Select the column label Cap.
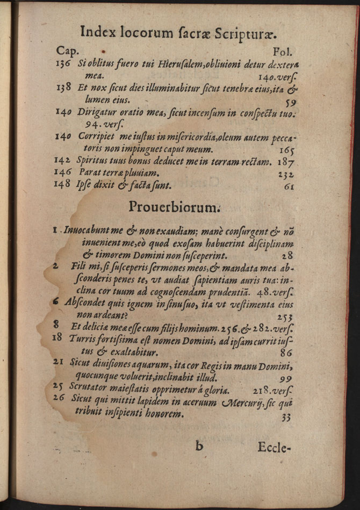coord(68,52)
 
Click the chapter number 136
coord(63,63)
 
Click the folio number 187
coord(286,161)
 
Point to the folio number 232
coord(286,174)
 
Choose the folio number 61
coord(290,186)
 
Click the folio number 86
coord(286,353)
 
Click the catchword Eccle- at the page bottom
coord(274,447)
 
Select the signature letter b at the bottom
coord(199,446)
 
